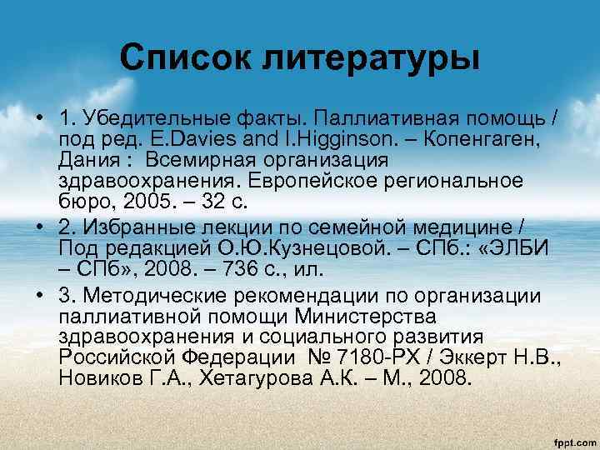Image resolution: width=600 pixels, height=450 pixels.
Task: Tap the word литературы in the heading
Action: tap(371, 59)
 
